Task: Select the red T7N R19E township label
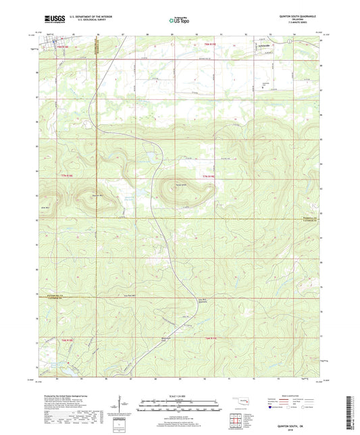[210, 177]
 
